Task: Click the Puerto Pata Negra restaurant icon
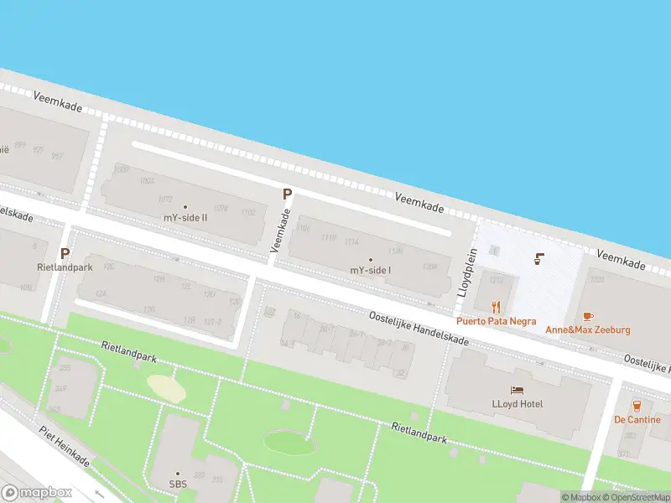click(x=496, y=307)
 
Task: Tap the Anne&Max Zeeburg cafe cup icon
click(x=587, y=316)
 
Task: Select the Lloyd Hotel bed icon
click(x=517, y=390)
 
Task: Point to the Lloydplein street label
click(x=466, y=272)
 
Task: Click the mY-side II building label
click(x=185, y=217)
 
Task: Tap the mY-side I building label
click(x=370, y=270)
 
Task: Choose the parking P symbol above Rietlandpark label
click(x=65, y=252)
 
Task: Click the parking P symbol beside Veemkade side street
click(x=287, y=194)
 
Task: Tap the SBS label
click(x=177, y=485)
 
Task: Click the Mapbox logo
click(x=37, y=493)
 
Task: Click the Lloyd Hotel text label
click(x=517, y=404)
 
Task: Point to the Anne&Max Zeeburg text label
click(x=587, y=329)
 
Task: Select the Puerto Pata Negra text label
click(x=496, y=320)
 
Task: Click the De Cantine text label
click(x=637, y=419)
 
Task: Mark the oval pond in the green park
click(x=290, y=442)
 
